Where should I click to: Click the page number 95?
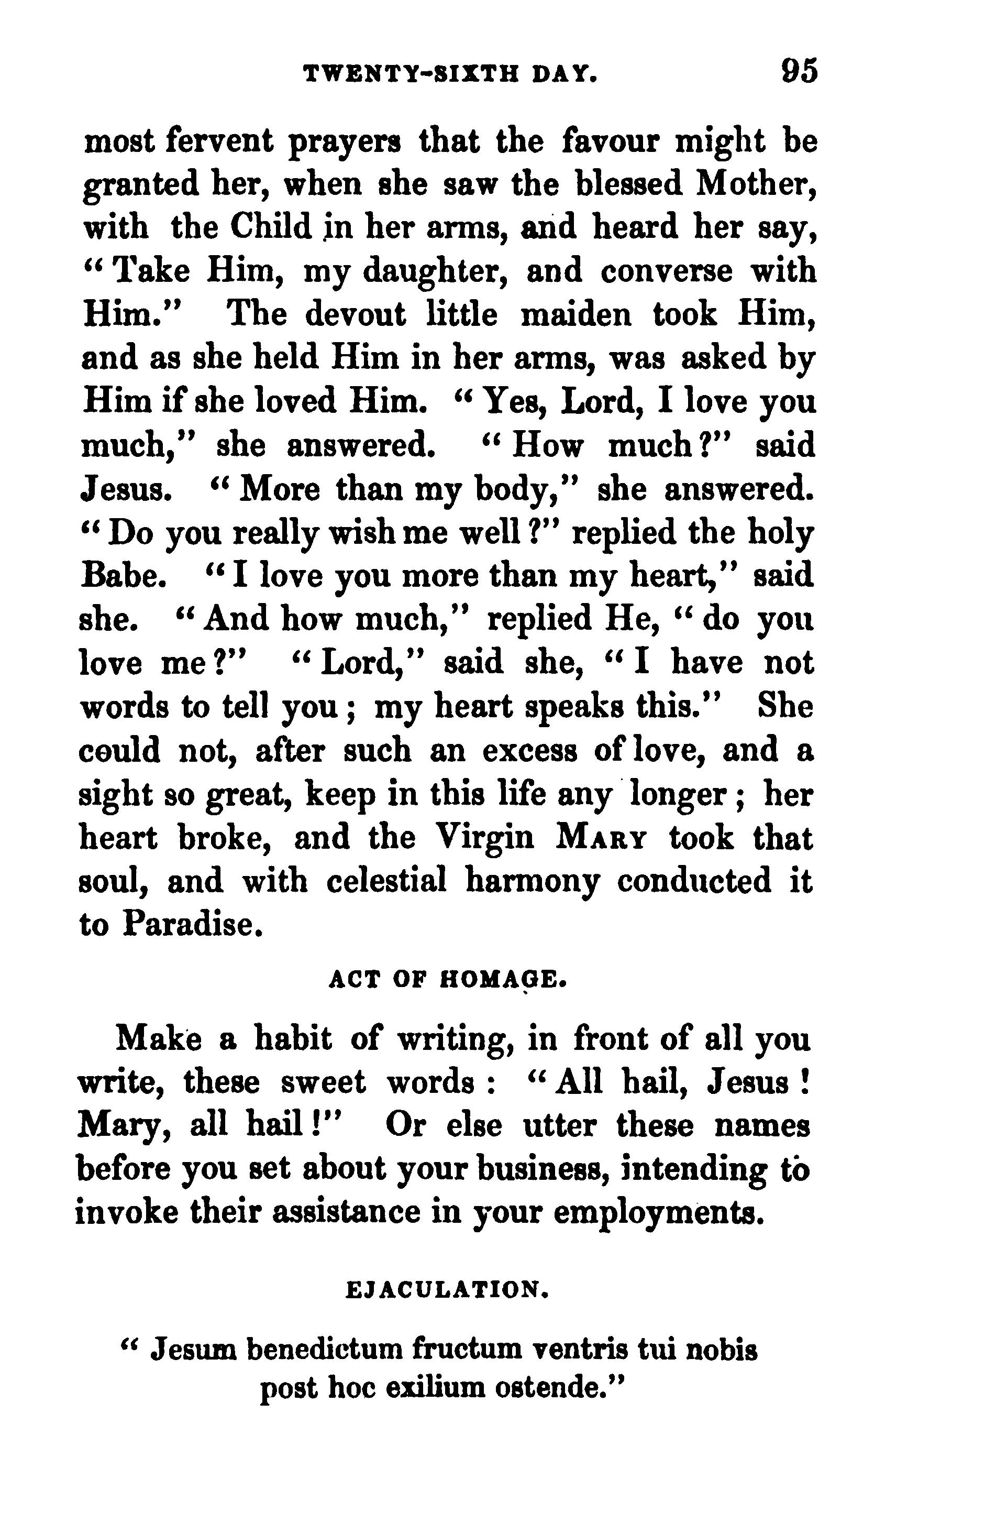pyautogui.click(x=799, y=70)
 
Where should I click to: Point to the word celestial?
pyautogui.click(x=386, y=881)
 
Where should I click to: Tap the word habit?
pyautogui.click(x=293, y=1039)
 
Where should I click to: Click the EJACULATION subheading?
pyautogui.click(x=448, y=1290)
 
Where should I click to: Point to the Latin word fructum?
pyautogui.click(x=471, y=1349)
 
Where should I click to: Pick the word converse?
pyautogui.click(x=666, y=272)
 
